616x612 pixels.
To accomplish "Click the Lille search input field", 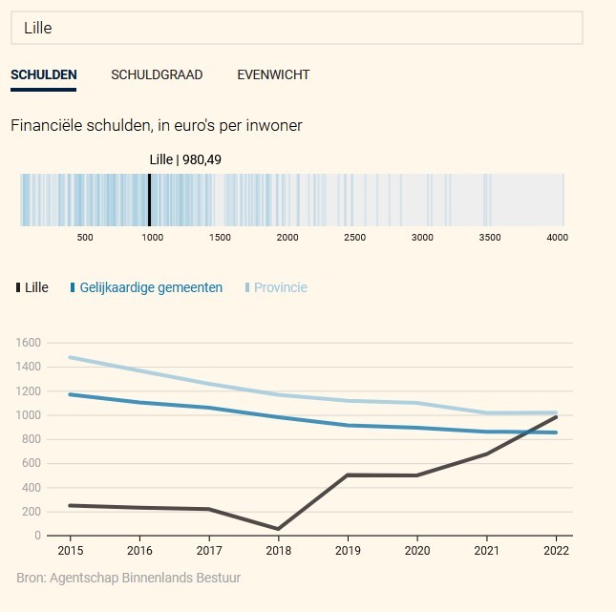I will pyautogui.click(x=296, y=28).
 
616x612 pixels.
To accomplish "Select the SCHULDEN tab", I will pyautogui.click(x=44, y=74).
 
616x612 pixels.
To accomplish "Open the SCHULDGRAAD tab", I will pyautogui.click(x=157, y=74).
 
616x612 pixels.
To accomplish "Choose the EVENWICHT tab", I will pyautogui.click(x=273, y=74).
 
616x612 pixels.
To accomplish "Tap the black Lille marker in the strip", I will pyautogui.click(x=149, y=200).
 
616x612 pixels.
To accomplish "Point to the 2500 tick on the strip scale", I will pyautogui.click(x=354, y=238).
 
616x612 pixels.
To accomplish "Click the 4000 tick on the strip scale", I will pyautogui.click(x=558, y=238).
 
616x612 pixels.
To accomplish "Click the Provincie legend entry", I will pyautogui.click(x=280, y=287).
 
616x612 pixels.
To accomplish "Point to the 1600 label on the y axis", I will pyautogui.click(x=29, y=343).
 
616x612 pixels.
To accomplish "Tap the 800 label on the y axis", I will pyautogui.click(x=32, y=439).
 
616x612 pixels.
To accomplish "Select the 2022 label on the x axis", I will pyautogui.click(x=556, y=551).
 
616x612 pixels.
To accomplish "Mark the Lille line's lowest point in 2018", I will pyautogui.click(x=277, y=529).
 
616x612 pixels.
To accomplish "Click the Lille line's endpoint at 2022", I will pyautogui.click(x=556, y=417).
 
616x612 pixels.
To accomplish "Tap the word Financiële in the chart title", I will pyautogui.click(x=45, y=125).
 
